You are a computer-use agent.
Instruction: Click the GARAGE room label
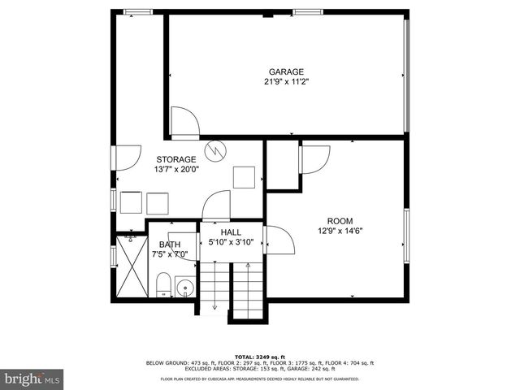click(x=287, y=71)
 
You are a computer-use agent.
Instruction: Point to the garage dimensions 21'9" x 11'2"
click(x=287, y=81)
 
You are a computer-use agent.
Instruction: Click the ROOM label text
click(x=340, y=221)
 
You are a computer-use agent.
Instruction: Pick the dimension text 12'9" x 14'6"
click(x=340, y=231)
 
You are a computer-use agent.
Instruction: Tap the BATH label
click(x=170, y=245)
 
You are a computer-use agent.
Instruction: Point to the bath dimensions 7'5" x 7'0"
click(x=170, y=254)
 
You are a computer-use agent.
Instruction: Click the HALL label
click(x=231, y=232)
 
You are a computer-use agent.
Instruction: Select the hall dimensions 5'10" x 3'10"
click(x=231, y=241)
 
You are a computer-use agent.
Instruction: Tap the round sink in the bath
click(x=184, y=287)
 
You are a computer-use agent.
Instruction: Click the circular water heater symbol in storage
click(x=214, y=149)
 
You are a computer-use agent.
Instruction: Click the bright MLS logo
click(x=32, y=379)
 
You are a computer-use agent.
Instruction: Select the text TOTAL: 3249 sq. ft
click(x=260, y=357)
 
